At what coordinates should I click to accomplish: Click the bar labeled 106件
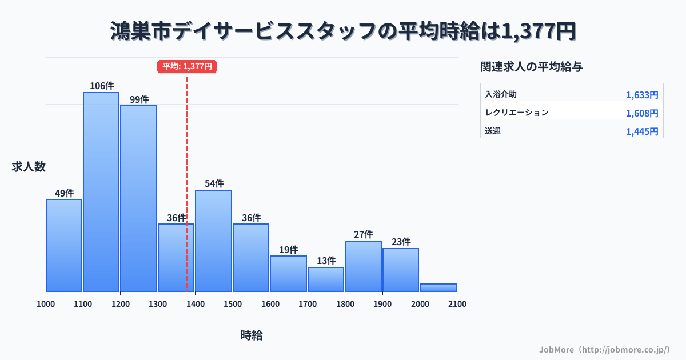[101, 192]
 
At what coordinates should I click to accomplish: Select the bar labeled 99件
[138, 198]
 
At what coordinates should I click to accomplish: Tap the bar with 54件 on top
[213, 241]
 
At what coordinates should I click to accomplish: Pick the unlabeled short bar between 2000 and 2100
[438, 287]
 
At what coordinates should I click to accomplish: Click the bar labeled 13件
[326, 279]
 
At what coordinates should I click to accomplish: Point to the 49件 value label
[64, 193]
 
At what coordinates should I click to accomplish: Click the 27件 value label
[364, 234]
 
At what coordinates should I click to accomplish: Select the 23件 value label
[401, 242]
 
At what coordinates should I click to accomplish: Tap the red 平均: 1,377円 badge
[187, 66]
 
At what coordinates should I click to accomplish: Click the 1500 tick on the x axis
[233, 304]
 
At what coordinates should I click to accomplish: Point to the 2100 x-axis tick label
[457, 304]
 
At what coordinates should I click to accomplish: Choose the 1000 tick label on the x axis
[46, 304]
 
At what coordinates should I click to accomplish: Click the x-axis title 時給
[252, 335]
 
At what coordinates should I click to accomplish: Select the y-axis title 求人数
[29, 167]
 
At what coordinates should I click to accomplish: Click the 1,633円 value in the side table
[642, 95]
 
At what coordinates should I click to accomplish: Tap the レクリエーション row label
[517, 113]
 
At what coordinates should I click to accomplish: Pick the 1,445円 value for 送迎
[642, 131]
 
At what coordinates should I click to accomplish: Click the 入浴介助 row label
[501, 94]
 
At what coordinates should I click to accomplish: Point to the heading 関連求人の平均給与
[532, 67]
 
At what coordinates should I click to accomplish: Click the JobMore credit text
[604, 349]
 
